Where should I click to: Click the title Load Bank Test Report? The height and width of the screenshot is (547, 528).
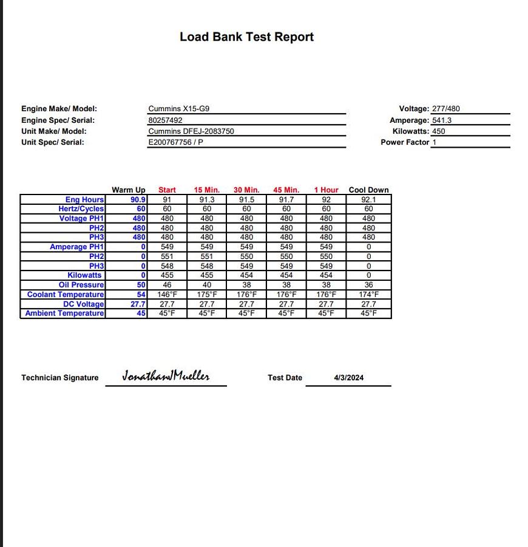(246, 37)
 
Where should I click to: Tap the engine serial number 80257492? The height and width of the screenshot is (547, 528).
(165, 120)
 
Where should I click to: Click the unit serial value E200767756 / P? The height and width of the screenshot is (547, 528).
(175, 142)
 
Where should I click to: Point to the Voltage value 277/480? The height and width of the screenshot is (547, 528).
(446, 109)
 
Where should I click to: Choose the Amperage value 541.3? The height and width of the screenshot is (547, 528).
(442, 120)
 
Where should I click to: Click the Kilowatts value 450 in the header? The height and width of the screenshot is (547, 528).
(438, 131)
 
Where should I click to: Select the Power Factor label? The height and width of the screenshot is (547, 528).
(405, 142)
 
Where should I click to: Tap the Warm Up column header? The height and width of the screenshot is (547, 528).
(129, 190)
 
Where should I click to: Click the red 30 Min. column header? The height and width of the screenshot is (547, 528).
(246, 190)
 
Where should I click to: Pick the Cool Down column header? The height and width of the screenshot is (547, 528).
(368, 190)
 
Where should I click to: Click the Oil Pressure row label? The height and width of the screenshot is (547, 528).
(81, 285)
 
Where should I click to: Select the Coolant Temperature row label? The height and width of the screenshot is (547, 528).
(66, 295)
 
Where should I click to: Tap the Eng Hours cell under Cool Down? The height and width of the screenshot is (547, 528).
(368, 199)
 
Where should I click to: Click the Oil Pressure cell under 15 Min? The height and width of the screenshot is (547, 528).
(207, 285)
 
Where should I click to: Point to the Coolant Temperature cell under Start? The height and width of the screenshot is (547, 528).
(167, 295)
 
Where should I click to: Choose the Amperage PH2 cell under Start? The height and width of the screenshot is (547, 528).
(167, 256)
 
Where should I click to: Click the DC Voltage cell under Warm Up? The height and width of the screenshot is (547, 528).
(138, 304)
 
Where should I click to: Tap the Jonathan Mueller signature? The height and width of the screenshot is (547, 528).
(166, 376)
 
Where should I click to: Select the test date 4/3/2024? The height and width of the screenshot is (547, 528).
(348, 377)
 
